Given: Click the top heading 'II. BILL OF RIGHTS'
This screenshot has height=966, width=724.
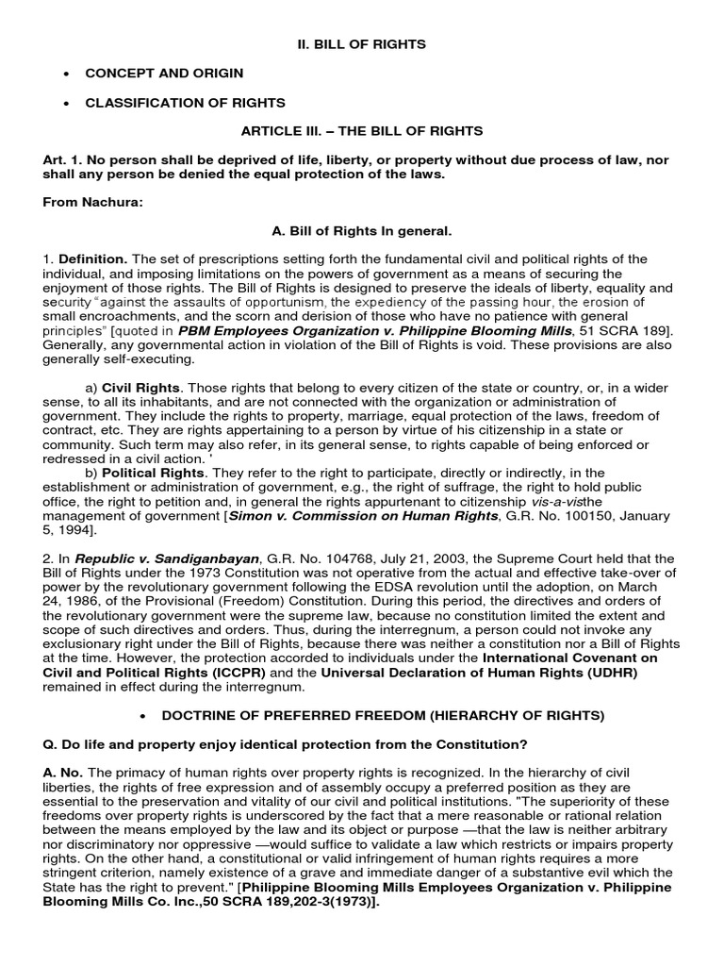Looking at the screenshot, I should pyautogui.click(x=362, y=44).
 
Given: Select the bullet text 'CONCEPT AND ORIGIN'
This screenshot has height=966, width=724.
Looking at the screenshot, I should pyautogui.click(x=164, y=73).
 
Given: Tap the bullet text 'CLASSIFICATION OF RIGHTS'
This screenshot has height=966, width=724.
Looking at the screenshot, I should pyautogui.click(x=185, y=102).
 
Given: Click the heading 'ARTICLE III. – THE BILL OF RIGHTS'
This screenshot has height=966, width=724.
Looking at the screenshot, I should pyautogui.click(x=362, y=130).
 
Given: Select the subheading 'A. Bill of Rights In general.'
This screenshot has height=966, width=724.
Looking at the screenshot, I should pyautogui.click(x=362, y=231).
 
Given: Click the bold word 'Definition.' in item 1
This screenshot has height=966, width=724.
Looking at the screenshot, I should pyautogui.click(x=92, y=259).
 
